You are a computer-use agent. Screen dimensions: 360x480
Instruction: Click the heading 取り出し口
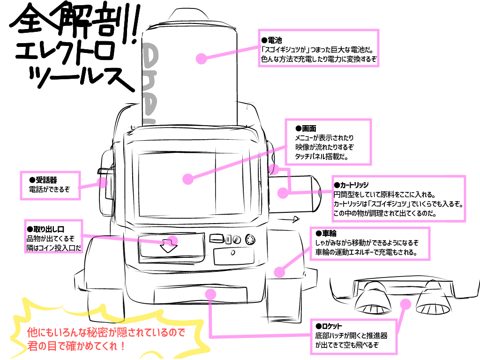[x=47, y=229]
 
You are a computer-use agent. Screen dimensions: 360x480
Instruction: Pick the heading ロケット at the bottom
[x=331, y=326]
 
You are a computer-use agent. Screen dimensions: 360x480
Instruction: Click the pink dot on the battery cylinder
[x=201, y=59]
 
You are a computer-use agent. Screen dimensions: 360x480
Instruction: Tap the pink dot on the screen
[x=188, y=179]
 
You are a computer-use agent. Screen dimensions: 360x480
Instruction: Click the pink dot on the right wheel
[x=279, y=272]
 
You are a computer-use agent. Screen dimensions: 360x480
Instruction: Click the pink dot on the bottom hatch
[x=210, y=293]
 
